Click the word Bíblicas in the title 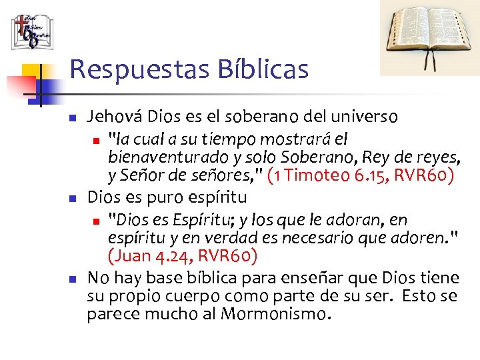(271, 69)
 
